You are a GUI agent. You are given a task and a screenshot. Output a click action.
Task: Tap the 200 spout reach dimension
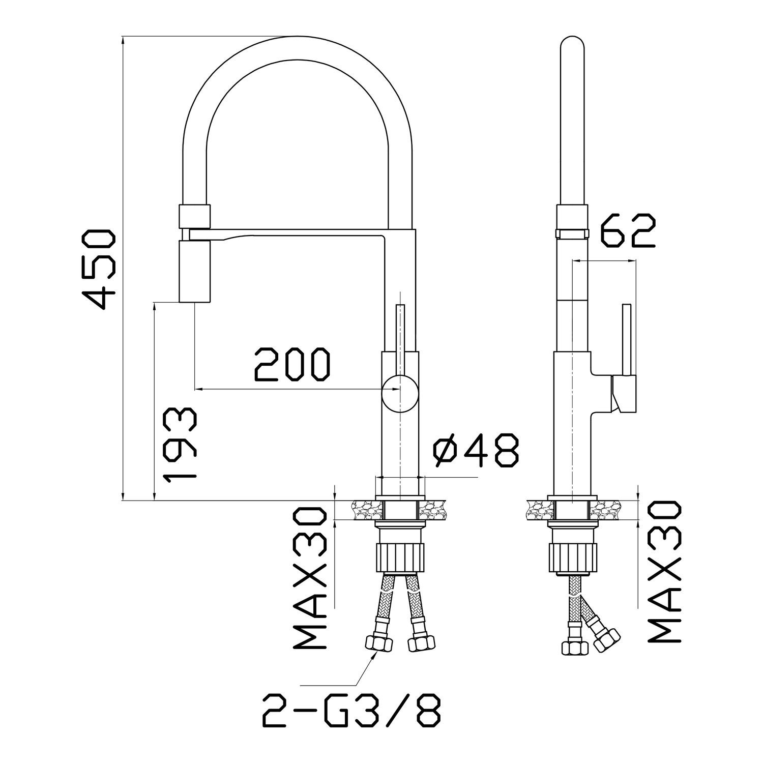[292, 365]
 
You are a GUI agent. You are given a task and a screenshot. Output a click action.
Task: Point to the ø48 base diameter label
[476, 451]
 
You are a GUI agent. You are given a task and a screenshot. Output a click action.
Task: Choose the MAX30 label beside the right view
[664, 571]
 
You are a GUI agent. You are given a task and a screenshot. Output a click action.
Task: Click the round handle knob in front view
[400, 392]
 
